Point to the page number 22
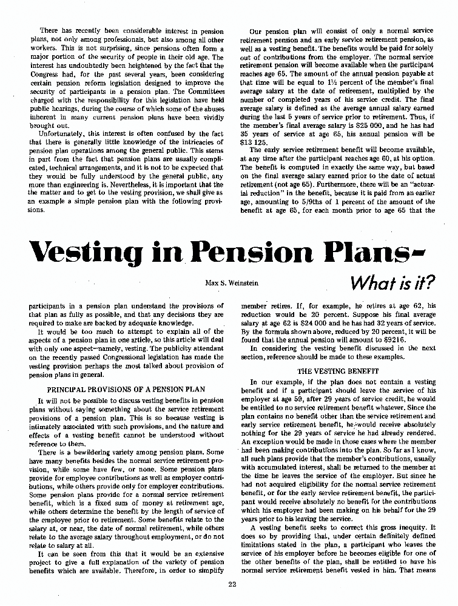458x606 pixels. pos(232,584)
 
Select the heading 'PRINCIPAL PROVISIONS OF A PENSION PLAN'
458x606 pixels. pos(126,388)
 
